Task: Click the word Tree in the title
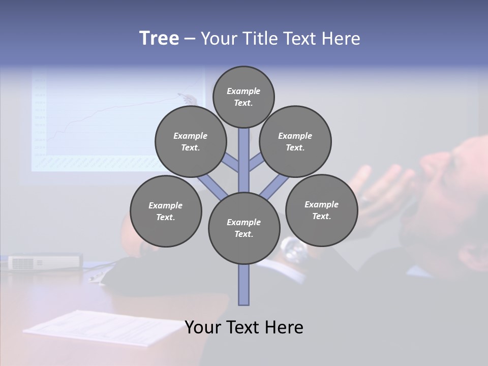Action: pos(159,39)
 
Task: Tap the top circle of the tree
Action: pos(243,97)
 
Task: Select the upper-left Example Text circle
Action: pos(190,141)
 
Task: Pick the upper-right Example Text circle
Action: pos(295,141)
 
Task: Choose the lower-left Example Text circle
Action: pos(166,211)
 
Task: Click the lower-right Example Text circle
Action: pos(321,210)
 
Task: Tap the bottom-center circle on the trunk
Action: pos(244,228)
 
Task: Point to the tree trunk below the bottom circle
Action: pos(244,285)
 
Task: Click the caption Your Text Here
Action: pos(244,327)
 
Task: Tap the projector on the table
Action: pos(45,262)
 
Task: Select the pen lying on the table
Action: pos(96,277)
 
